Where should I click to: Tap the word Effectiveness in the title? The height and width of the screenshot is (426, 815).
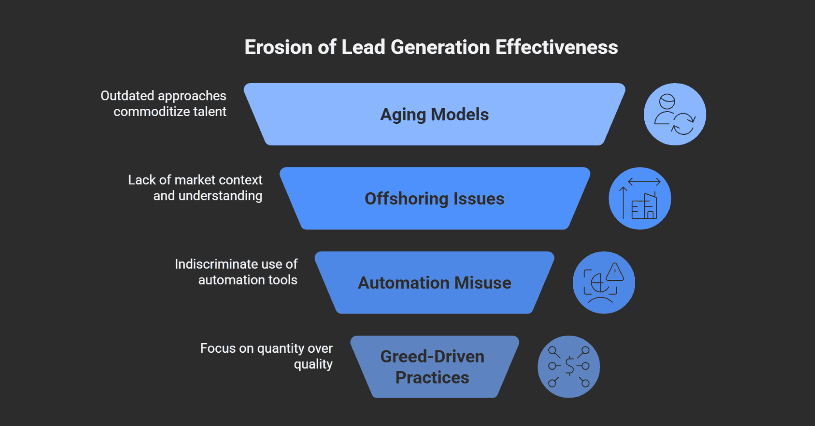556,47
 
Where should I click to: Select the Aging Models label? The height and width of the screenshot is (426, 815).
434,115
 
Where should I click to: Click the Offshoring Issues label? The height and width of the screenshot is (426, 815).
434,199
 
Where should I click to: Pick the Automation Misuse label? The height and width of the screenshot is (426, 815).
434,283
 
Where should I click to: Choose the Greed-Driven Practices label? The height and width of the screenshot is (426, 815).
432,367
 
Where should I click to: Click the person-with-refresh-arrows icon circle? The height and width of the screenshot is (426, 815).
675,114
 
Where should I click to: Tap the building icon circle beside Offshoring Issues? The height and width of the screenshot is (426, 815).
639,199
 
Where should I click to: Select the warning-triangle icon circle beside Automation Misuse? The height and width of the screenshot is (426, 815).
604,283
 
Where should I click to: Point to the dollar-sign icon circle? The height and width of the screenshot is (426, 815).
568,367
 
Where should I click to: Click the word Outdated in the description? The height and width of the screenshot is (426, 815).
127,96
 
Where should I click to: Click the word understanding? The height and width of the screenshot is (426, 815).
220,196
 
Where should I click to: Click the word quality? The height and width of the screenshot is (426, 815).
313,364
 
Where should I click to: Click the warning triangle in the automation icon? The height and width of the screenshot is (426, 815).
614,272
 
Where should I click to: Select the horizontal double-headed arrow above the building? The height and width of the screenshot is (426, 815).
644,182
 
